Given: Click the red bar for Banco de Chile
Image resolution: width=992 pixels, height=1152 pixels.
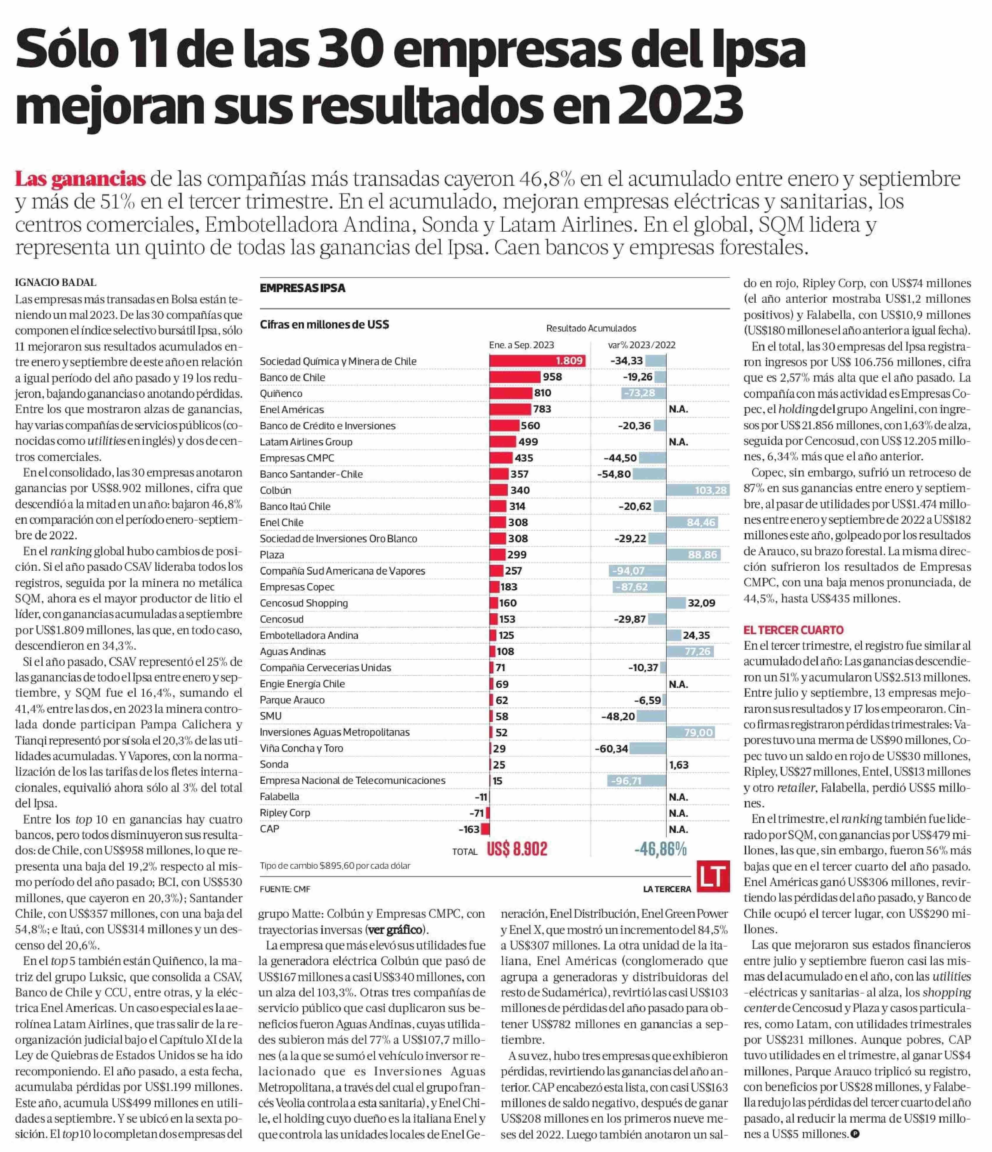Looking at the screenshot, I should tap(514, 377).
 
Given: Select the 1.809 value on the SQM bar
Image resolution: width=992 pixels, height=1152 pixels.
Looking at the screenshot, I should tap(569, 361).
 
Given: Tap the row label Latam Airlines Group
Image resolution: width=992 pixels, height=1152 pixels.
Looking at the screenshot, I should tap(306, 442).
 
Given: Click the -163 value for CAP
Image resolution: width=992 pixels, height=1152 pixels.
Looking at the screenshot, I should tap(469, 829).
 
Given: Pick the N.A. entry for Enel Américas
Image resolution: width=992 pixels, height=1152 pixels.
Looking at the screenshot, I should tap(678, 409).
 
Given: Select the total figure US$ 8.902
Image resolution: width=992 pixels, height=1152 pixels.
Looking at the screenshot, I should tap(517, 849).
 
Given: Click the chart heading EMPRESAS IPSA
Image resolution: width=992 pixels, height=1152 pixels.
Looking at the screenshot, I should tap(302, 288).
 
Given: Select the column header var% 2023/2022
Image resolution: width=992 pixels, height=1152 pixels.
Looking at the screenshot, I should tap(642, 345).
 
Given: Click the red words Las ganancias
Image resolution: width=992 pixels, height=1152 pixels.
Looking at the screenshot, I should tap(80, 179).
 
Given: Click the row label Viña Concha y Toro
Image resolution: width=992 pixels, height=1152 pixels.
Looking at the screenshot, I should tap(301, 748).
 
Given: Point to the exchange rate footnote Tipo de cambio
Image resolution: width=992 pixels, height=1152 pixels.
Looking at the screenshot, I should tap(335, 866).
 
